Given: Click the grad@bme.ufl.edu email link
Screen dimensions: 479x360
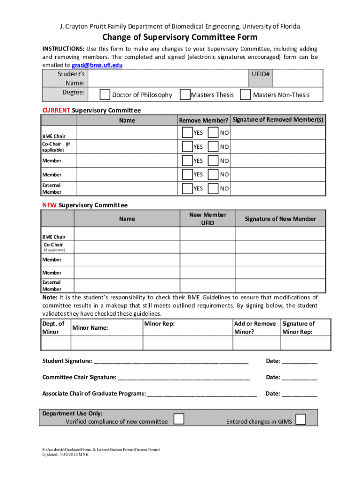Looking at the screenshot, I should tap(97, 65).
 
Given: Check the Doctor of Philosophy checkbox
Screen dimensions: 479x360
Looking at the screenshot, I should tap(105, 95).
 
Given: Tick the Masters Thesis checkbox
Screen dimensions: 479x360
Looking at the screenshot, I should tap(185, 95).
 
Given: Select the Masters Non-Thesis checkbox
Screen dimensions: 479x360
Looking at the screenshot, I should tap(245, 95).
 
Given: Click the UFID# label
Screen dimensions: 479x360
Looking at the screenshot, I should tap(261, 74).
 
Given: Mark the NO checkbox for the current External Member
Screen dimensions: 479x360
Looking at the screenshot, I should tap(213, 189).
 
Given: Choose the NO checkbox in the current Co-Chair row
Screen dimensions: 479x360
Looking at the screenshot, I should tap(213, 147).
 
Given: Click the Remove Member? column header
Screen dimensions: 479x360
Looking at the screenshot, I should tap(204, 121).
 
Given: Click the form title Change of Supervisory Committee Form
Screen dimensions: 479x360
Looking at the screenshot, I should tap(180, 37).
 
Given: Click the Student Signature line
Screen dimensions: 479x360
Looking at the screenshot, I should tap(171, 361).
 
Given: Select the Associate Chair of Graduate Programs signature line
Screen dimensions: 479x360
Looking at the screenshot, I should tap(202, 394).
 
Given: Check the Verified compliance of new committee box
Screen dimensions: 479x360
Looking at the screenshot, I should tap(179, 419).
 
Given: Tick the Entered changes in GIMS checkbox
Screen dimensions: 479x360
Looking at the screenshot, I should tap(301, 419).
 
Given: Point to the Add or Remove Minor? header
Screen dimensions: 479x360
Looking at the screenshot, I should tap(255, 327).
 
